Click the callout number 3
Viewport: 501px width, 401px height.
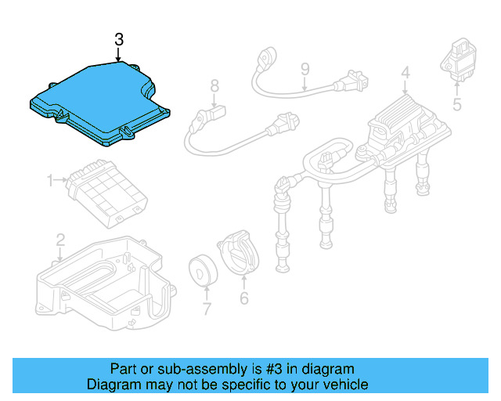tap(118, 38)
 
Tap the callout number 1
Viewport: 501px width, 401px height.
tap(49, 181)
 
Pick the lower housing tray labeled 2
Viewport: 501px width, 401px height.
tap(102, 282)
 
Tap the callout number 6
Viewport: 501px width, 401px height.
tap(243, 298)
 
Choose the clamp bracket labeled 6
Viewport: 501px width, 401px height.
tap(238, 252)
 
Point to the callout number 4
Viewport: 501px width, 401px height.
tap(405, 74)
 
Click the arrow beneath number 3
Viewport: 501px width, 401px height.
tap(118, 55)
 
